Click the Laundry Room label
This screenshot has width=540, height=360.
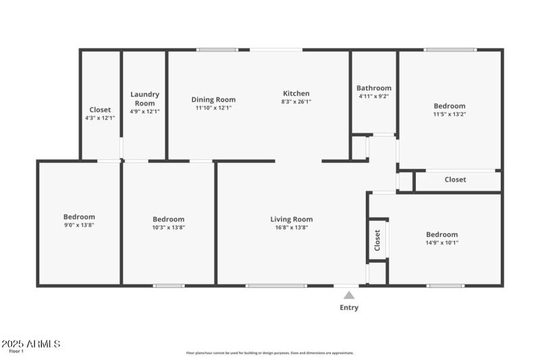pos(144,99)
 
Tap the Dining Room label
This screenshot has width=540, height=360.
pos(213,99)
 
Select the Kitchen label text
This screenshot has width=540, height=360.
pos(296,93)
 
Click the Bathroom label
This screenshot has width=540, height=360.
pos(373,88)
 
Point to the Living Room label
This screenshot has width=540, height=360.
pos(292,219)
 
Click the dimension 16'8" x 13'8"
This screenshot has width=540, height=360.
pos(292,228)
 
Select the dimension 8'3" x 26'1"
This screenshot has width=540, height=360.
pos(296,102)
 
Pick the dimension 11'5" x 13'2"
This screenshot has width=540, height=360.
pos(449,114)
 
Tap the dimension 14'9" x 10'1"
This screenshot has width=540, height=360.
pos(441,243)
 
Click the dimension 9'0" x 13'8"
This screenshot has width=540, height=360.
pos(79,225)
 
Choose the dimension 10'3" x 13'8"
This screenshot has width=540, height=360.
pos(168,228)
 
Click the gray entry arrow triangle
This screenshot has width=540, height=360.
pos(349,294)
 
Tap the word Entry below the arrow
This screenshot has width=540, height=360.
pos(349,307)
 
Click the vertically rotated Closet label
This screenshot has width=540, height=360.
pos(377,239)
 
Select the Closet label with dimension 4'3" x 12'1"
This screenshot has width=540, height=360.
pos(100,109)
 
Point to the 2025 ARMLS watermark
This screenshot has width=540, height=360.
pos(31,344)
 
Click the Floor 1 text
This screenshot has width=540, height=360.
pos(16,351)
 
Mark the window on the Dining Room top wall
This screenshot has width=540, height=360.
pos(217,49)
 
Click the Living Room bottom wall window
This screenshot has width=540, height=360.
pos(275,286)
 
